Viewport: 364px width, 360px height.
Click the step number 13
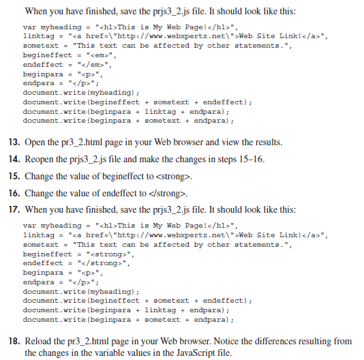[14, 142]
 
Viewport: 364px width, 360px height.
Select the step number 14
[14, 160]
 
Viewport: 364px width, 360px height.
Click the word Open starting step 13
[36, 142]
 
